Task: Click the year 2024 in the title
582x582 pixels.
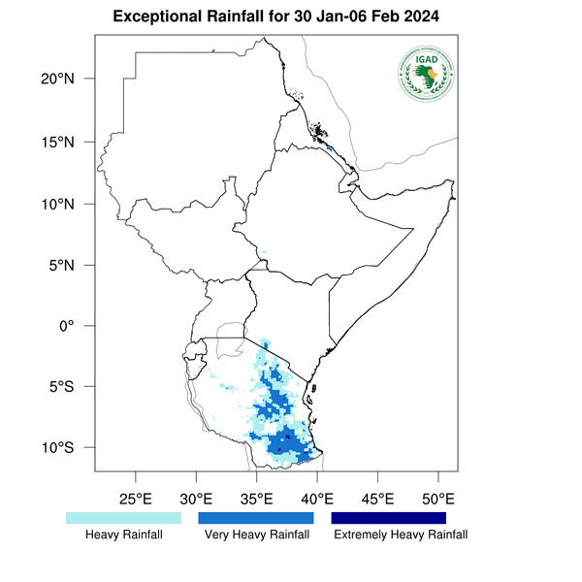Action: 437,17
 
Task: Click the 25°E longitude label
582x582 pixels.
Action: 135,500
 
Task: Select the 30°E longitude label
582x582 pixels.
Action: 196,500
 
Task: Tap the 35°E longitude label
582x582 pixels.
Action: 257,500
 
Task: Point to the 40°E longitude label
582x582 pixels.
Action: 317,500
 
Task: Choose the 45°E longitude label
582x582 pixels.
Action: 377,500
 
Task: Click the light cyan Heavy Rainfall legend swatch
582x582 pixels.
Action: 123,518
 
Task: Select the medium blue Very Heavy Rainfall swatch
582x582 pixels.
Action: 256,518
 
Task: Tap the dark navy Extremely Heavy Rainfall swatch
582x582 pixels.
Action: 389,518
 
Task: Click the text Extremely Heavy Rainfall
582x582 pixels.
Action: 400,534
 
